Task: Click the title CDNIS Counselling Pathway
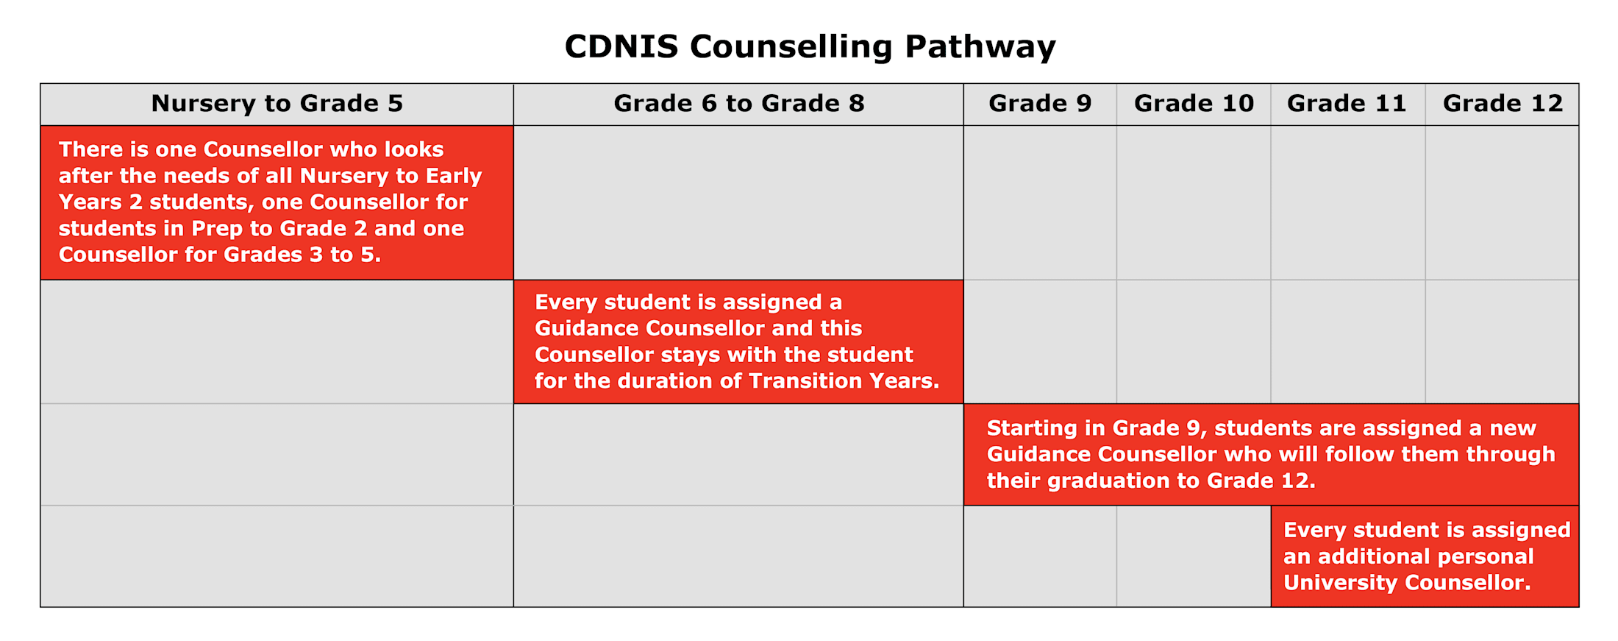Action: click(810, 46)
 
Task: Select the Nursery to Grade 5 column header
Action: click(277, 104)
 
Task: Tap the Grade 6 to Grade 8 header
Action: click(738, 104)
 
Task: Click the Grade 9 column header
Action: click(1040, 104)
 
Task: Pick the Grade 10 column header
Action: click(1194, 104)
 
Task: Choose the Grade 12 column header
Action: click(1503, 104)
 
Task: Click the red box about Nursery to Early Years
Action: click(277, 202)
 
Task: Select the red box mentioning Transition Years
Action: click(738, 341)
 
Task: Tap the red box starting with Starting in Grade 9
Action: click(1271, 454)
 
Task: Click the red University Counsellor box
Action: click(1425, 556)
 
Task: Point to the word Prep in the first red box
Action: click(217, 229)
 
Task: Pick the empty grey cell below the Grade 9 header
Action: click(1040, 202)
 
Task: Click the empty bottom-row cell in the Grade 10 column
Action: click(1194, 556)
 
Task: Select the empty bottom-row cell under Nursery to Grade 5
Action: click(277, 556)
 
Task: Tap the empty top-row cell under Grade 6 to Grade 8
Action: click(738, 202)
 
